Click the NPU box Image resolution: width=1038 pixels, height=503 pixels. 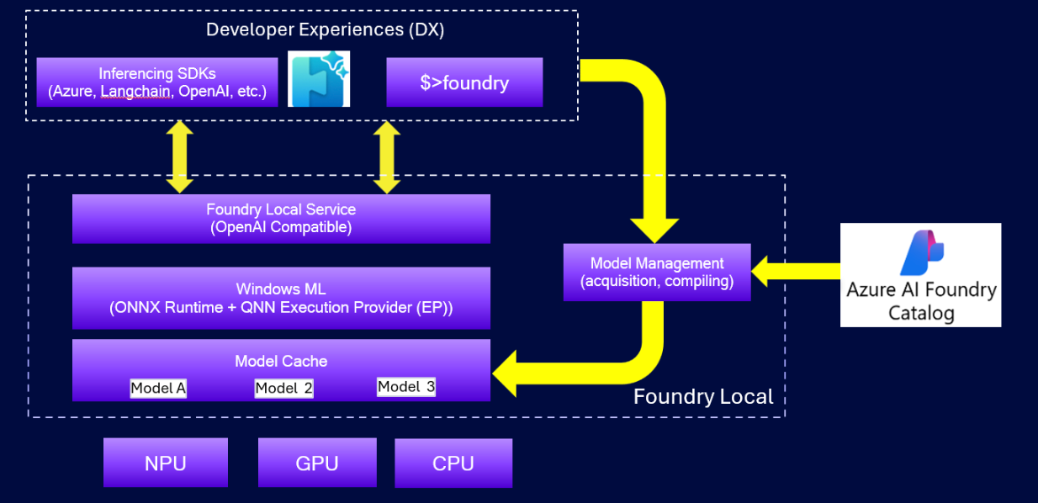[x=166, y=463]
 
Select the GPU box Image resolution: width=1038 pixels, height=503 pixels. [x=318, y=463]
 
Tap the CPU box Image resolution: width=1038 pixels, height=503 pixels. [x=453, y=463]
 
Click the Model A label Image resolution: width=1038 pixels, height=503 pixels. [x=158, y=389]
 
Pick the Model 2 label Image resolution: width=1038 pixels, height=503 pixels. [x=283, y=388]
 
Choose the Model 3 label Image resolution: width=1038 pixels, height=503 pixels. [x=406, y=387]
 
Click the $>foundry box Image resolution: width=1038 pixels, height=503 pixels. [x=464, y=82]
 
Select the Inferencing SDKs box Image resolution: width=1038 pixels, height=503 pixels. [x=157, y=82]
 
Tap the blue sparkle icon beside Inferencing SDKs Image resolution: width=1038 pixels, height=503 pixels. [x=319, y=79]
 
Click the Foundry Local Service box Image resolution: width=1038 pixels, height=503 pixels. [x=281, y=219]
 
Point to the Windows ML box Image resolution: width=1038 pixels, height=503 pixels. [x=281, y=298]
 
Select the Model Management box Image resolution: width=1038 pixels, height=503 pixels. [x=657, y=273]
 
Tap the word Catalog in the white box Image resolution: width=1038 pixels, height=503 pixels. [x=921, y=314]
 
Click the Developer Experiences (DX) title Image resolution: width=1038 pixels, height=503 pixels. [x=325, y=30]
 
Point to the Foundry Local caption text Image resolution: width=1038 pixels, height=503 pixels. [x=703, y=396]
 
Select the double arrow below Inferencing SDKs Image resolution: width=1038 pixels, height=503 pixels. [x=181, y=157]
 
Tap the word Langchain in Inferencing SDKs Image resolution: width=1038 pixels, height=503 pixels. [x=135, y=92]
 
